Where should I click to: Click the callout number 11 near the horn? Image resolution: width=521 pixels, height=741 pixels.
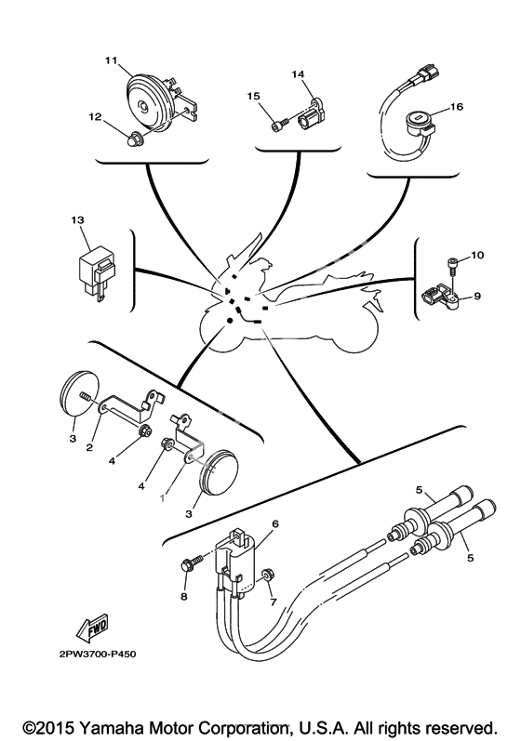click(x=111, y=60)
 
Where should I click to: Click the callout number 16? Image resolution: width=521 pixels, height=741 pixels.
click(x=457, y=107)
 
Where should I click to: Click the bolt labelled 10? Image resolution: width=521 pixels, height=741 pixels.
click(x=452, y=264)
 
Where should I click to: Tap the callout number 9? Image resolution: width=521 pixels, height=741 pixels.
click(x=477, y=296)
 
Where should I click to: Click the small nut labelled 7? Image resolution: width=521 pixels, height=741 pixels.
click(x=266, y=575)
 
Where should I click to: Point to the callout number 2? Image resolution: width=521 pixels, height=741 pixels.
click(x=89, y=447)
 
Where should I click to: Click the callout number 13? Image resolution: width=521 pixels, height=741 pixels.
click(x=77, y=219)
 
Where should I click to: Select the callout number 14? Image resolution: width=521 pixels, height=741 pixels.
click(x=299, y=74)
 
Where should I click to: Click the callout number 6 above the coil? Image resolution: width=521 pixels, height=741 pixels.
click(x=275, y=523)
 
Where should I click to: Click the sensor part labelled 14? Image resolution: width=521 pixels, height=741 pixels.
click(x=310, y=112)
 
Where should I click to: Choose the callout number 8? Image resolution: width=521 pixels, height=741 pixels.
click(x=184, y=597)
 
